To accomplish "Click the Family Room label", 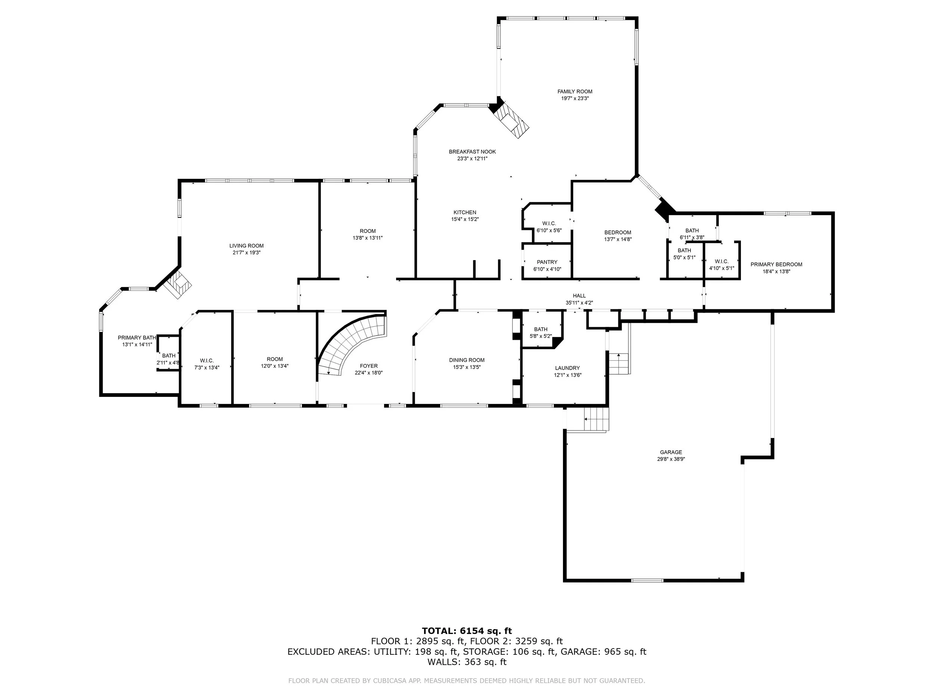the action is tap(575, 91).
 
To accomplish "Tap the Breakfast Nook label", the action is tap(472, 152).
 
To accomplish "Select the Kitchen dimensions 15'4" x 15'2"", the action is tap(465, 220).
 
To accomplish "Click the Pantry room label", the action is tap(547, 262).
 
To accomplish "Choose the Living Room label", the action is tap(247, 246).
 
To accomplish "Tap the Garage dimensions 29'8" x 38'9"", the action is tap(671, 459).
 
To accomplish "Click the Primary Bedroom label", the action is tap(776, 265).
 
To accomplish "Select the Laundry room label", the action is tap(567, 368).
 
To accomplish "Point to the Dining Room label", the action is tap(467, 360).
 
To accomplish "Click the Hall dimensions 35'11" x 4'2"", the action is tap(579, 302).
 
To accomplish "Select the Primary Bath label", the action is tap(137, 337).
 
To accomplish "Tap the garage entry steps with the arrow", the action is tap(597, 419).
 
